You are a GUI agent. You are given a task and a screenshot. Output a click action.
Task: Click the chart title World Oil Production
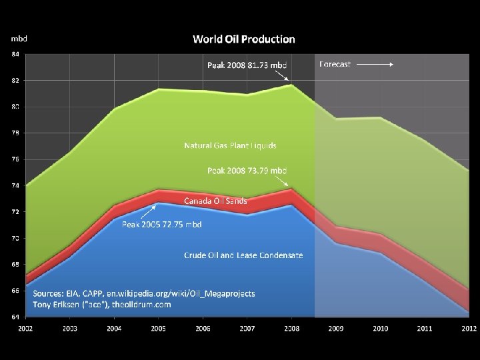(243, 39)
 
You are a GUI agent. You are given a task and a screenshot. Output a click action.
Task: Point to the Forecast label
(335, 64)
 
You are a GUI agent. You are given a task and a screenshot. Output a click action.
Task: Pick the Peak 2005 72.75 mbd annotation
(161, 224)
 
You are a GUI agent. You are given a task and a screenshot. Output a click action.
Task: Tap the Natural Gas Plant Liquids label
(230, 145)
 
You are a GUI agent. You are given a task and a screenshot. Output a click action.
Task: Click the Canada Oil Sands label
(215, 200)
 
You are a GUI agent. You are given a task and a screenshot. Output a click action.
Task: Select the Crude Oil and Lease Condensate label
(243, 255)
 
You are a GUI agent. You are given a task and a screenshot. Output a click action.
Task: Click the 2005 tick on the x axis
(159, 328)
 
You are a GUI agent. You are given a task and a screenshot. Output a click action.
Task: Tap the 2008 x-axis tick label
(291, 328)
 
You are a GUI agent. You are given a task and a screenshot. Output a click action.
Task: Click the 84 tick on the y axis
(15, 54)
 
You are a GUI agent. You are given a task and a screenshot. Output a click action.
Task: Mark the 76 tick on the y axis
(15, 159)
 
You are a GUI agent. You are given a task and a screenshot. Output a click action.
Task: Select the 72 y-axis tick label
(15, 212)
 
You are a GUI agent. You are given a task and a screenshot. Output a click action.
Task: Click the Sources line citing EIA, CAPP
(143, 293)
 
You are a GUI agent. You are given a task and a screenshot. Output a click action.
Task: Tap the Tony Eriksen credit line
(102, 305)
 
